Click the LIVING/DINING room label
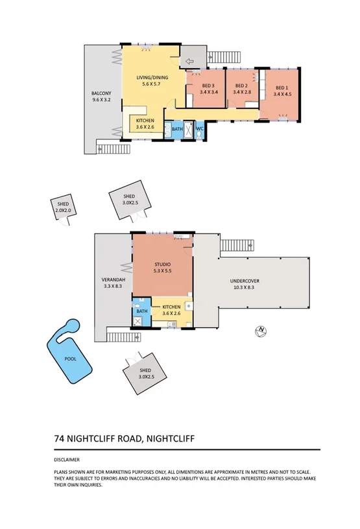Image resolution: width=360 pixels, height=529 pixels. (x=152, y=80)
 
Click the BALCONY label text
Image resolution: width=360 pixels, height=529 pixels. (x=102, y=97)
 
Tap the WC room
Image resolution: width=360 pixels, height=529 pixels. (x=200, y=130)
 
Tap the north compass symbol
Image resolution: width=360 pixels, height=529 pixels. (x=261, y=331)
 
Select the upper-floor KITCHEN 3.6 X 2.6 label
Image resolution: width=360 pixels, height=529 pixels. (x=145, y=123)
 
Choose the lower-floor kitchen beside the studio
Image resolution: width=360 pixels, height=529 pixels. (x=171, y=309)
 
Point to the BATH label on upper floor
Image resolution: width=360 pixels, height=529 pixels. (x=176, y=130)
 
